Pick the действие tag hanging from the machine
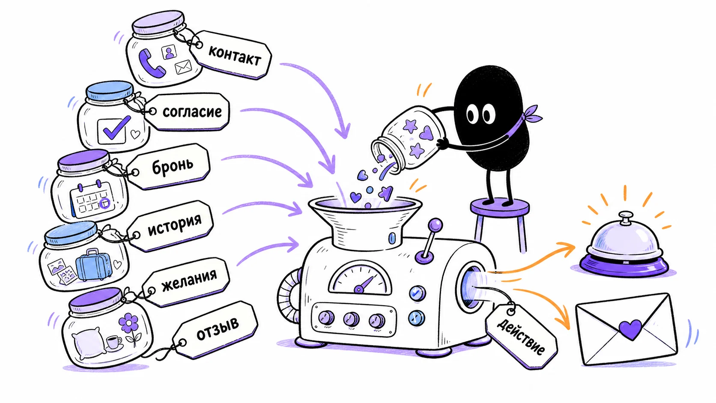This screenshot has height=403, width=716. (x=522, y=337)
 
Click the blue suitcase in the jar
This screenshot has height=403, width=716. (x=94, y=265)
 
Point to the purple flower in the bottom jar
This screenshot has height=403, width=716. (x=129, y=323)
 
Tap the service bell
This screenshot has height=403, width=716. (x=624, y=246)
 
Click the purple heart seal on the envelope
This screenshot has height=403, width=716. (x=630, y=329)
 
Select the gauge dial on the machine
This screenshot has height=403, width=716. (x=361, y=278)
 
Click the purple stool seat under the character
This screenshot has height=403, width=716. (x=500, y=206)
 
